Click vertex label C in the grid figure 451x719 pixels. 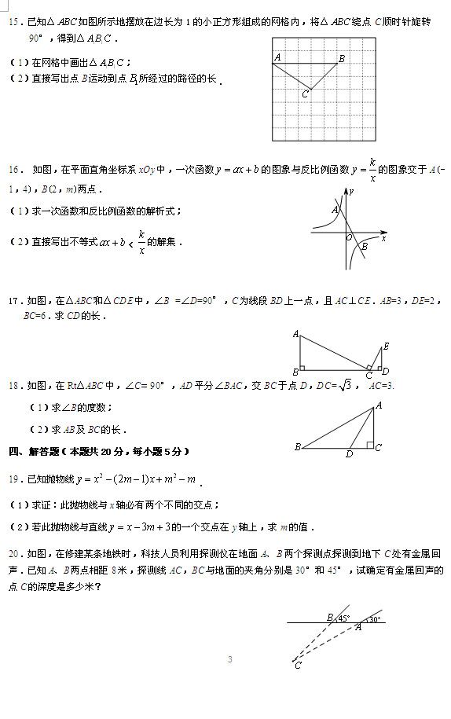click(305, 94)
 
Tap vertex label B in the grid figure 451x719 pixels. click(342, 58)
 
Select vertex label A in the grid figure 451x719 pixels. click(278, 57)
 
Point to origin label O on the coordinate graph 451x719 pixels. click(349, 237)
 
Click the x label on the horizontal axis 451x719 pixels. click(384, 238)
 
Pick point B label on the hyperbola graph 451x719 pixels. click(364, 247)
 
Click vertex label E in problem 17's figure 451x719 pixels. click(386, 347)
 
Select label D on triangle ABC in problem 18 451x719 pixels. click(349, 453)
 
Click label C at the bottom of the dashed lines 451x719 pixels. click(298, 666)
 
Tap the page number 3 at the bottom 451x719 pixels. click(229, 659)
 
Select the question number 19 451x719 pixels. click(13, 479)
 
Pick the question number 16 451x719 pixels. click(13, 169)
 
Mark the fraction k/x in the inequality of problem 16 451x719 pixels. click(141, 243)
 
